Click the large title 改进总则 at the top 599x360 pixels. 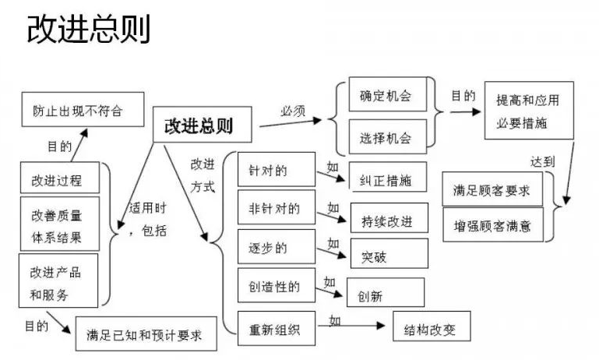click(88, 30)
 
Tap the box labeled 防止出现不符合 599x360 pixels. click(83, 109)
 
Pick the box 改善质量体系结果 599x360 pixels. click(59, 225)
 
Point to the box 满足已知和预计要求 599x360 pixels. click(146, 334)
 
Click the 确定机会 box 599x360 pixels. click(386, 97)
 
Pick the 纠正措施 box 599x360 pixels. click(389, 178)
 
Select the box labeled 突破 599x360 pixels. click(389, 254)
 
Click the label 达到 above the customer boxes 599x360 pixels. click(543, 162)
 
